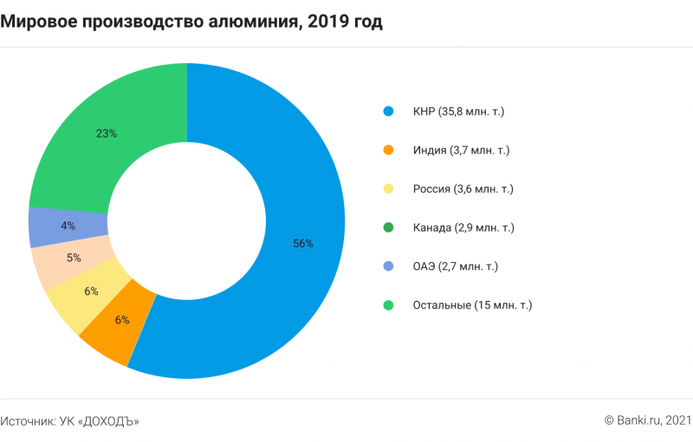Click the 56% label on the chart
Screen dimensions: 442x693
(302, 244)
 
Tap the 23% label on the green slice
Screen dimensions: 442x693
(106, 133)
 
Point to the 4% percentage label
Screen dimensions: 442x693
(68, 226)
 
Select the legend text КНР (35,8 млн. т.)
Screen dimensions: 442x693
(458, 112)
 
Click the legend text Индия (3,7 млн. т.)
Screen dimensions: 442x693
(461, 151)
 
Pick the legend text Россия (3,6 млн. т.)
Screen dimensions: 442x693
(463, 189)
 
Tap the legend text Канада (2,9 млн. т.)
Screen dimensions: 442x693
(463, 227)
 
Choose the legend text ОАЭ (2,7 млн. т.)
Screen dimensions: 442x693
(456, 266)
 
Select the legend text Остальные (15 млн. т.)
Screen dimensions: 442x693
(472, 305)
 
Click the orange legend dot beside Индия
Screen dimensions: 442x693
(388, 151)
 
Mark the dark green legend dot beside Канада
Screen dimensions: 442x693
(388, 227)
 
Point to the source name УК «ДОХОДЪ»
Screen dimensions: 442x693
(99, 421)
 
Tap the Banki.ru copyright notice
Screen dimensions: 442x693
(647, 421)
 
